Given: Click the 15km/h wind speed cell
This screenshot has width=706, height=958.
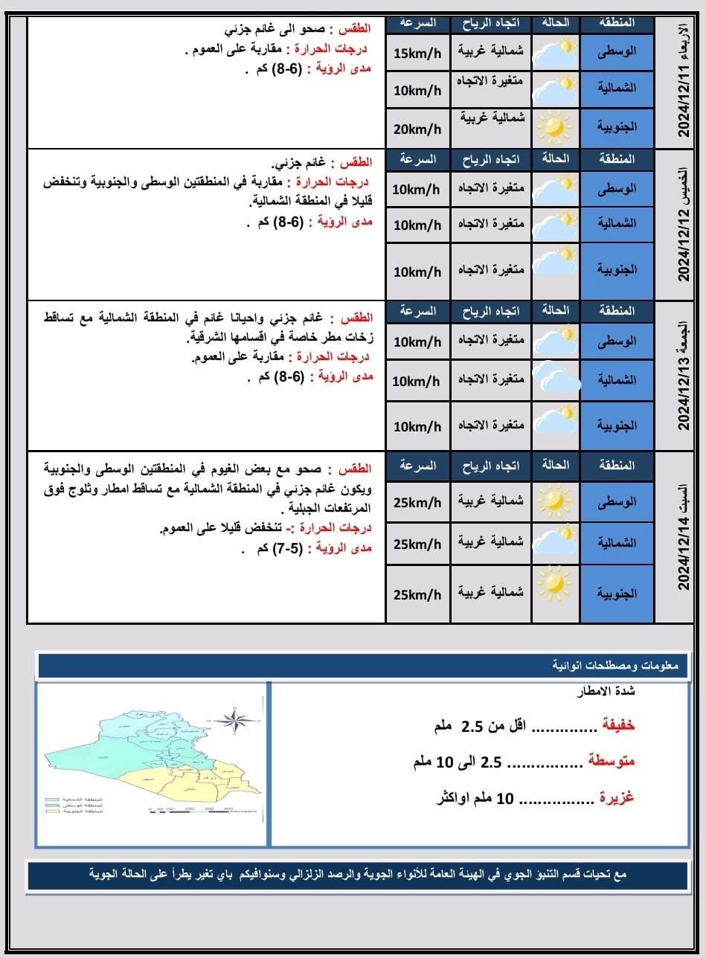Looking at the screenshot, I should click(417, 54).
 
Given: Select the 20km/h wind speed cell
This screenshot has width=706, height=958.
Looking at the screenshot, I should click(417, 129).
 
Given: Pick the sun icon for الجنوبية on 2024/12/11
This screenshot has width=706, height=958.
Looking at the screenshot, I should click(555, 126).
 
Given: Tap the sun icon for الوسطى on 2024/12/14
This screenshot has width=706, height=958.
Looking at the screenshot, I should click(555, 500).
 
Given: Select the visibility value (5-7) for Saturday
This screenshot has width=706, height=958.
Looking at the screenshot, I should click(294, 548).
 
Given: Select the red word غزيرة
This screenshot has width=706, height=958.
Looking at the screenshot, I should click(617, 798).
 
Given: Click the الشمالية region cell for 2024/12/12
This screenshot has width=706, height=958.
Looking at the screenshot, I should click(617, 223).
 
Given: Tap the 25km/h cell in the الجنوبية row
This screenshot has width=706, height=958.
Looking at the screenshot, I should click(417, 594).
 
